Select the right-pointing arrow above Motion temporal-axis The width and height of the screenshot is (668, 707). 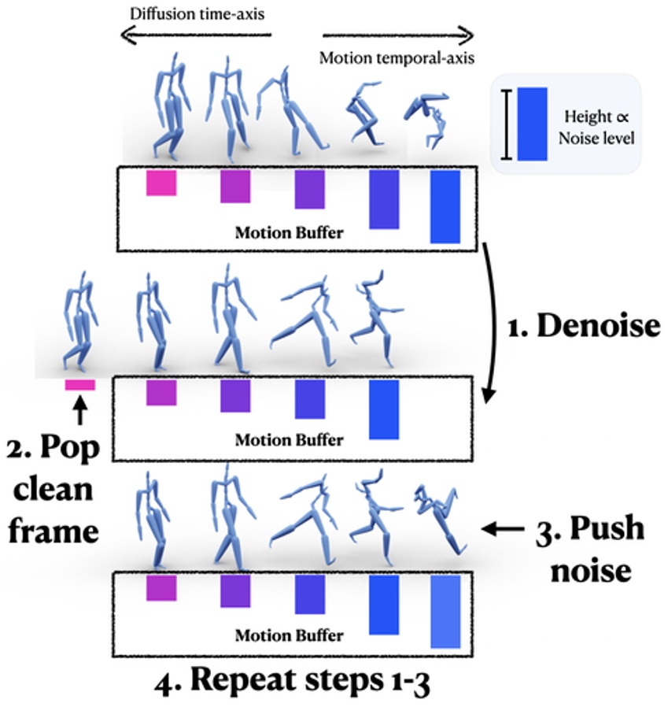click(398, 35)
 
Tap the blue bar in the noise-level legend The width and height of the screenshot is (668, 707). click(532, 124)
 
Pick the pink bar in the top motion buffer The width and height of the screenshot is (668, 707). click(161, 183)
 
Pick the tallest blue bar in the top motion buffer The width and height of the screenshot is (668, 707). click(445, 207)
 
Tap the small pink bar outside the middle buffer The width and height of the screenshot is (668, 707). click(80, 385)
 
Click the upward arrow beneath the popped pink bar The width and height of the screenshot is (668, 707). click(79, 409)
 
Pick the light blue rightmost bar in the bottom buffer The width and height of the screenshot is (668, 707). click(445, 611)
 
